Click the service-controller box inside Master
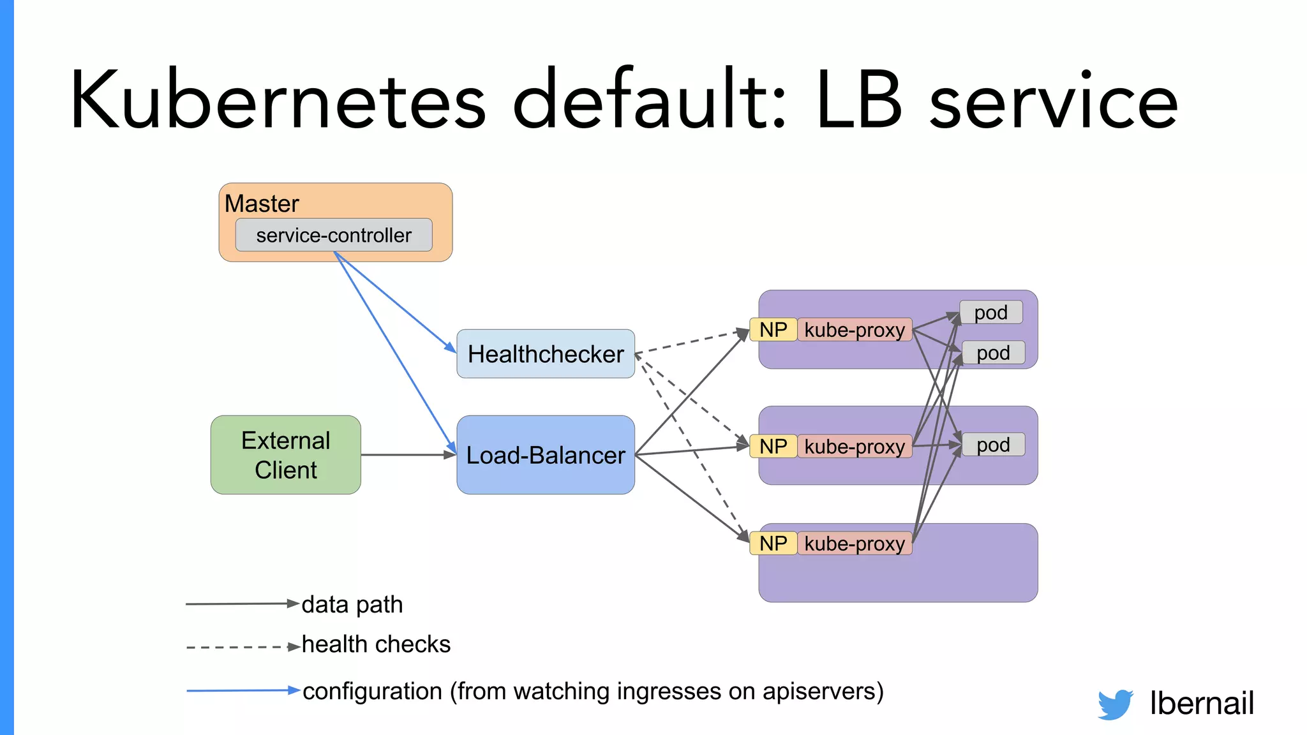(334, 235)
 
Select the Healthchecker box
(546, 354)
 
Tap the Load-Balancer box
(546, 455)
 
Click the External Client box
(285, 455)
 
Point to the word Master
(262, 204)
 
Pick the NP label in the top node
(773, 330)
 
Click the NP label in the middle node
(773, 447)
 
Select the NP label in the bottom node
(773, 544)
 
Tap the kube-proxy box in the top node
(855, 330)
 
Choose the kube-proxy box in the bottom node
(855, 544)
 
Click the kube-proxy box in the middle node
(855, 447)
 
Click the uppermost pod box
(990, 313)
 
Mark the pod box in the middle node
(993, 445)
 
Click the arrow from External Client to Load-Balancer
(408, 455)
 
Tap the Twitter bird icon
(1115, 704)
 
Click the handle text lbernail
(1201, 703)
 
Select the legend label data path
(352, 604)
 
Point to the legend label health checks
(376, 644)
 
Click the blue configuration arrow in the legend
(243, 690)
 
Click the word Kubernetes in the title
(278, 101)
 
